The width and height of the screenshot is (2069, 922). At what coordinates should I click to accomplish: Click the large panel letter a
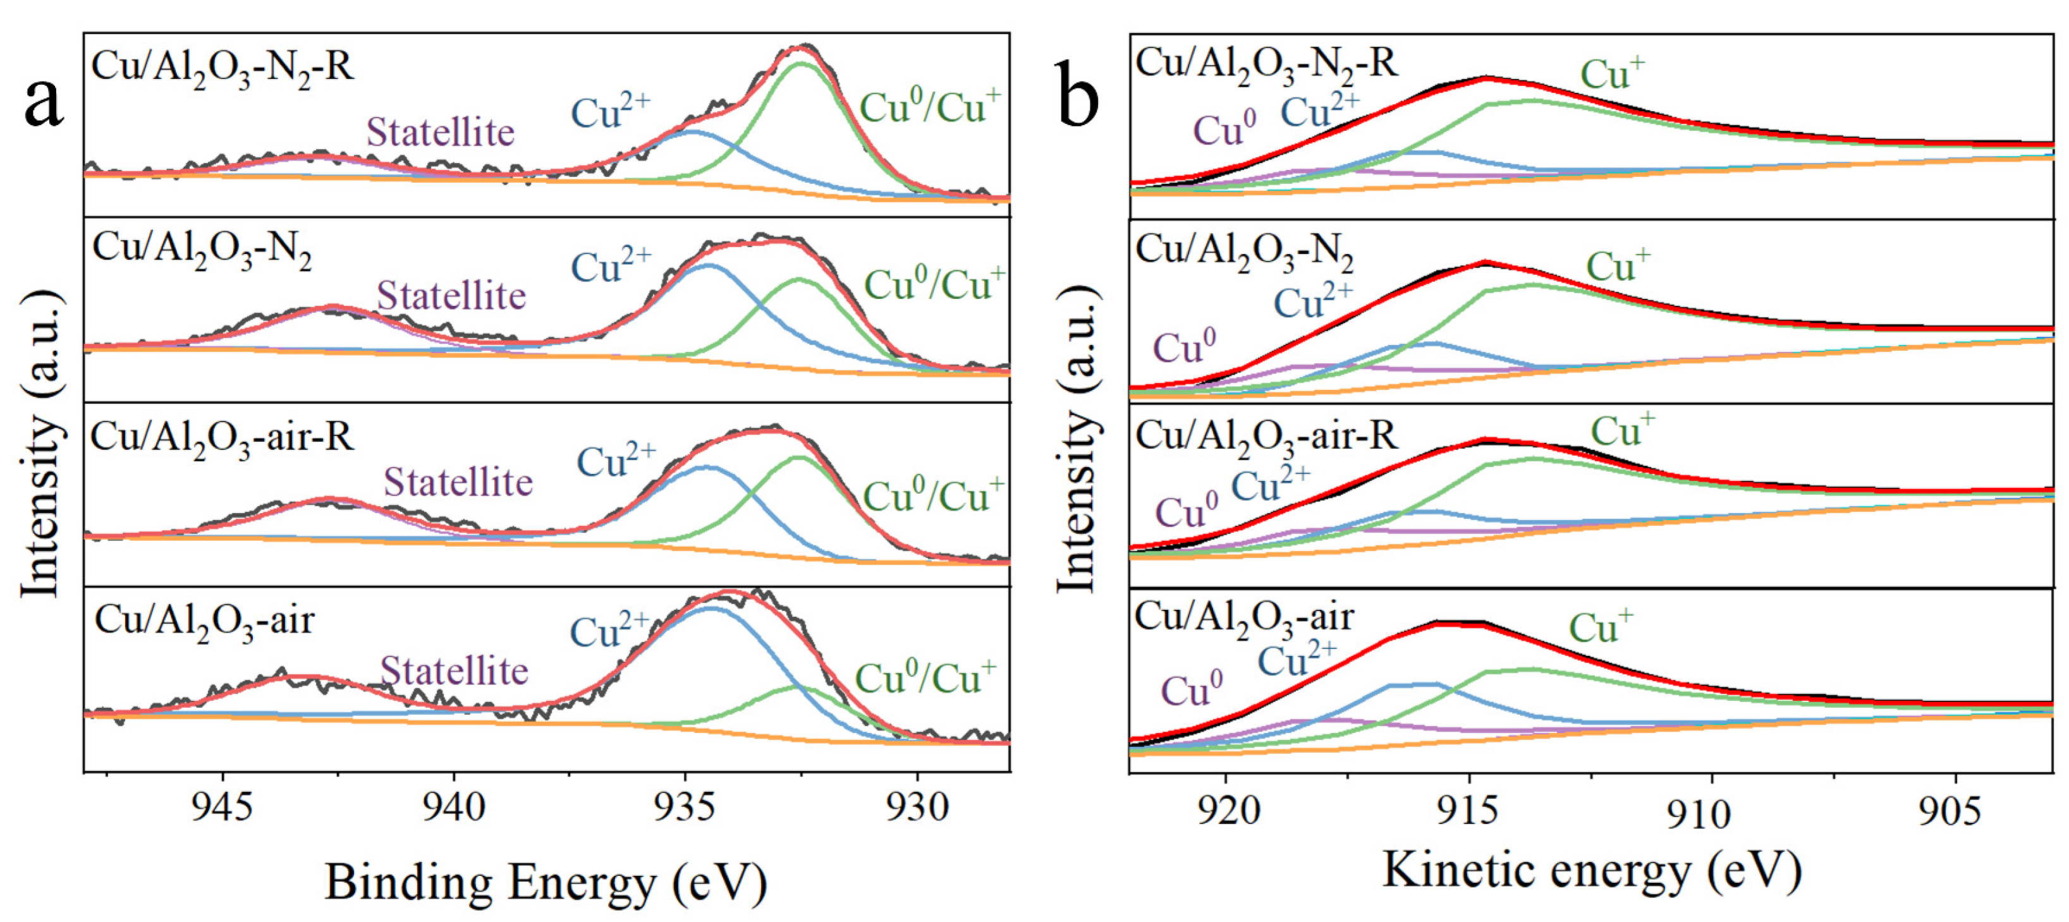click(x=44, y=103)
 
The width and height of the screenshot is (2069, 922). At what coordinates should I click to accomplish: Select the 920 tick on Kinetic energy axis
click(x=1225, y=812)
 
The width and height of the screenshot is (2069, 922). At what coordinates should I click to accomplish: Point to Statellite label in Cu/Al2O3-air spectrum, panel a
click(x=454, y=670)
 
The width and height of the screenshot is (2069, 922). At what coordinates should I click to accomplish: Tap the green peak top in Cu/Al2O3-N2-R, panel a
click(x=802, y=64)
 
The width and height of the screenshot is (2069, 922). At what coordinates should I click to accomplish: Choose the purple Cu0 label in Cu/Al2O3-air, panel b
click(x=1191, y=691)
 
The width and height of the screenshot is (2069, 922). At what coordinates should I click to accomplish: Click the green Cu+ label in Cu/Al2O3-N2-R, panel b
click(x=1612, y=74)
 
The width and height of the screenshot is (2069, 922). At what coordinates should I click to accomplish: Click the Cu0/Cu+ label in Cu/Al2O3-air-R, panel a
click(x=932, y=495)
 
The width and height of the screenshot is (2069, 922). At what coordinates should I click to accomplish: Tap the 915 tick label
click(x=1469, y=812)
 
